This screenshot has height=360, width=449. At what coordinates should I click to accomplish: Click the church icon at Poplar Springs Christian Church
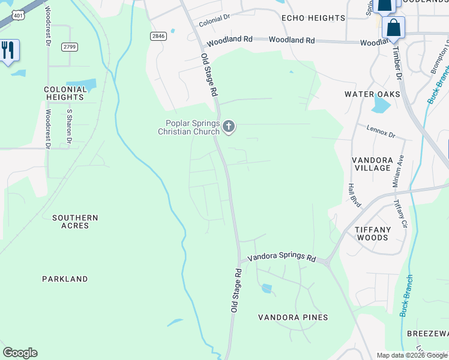point(228,126)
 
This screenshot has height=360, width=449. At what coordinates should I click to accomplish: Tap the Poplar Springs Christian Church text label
point(188,127)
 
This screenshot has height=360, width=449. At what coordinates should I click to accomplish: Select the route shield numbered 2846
point(158,37)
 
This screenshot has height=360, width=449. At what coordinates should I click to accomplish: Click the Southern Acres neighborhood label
point(75,221)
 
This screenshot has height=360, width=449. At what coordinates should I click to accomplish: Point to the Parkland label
point(65,279)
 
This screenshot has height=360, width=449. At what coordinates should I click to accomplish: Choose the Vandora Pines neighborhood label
point(293,317)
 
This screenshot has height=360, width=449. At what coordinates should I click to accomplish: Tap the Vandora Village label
point(372,164)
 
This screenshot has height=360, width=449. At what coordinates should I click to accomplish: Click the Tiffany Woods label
point(372,233)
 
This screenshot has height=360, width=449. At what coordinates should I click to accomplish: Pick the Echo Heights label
point(313,18)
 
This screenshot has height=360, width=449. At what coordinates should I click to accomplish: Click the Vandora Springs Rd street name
point(282,257)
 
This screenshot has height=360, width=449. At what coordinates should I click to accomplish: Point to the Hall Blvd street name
point(354,196)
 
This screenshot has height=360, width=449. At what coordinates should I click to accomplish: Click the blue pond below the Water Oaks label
point(381,106)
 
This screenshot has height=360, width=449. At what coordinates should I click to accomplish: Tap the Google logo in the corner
point(20,353)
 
